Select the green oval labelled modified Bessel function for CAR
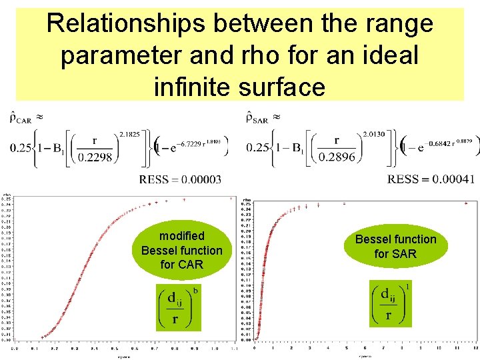click(182, 250)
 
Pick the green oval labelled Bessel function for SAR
click(395, 246)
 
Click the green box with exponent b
click(179, 307)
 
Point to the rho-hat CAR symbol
click(20, 119)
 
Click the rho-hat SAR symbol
click(257, 119)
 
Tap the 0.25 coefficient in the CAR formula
click(20, 147)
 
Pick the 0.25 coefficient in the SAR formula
click(257, 147)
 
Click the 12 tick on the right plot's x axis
click(474, 349)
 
